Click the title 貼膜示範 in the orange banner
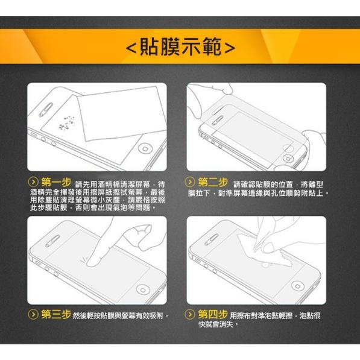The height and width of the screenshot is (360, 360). point(180,46)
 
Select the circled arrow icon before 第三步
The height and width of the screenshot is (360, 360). point(34,315)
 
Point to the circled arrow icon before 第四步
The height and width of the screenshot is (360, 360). point(191,315)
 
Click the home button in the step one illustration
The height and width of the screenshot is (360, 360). point(144,148)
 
